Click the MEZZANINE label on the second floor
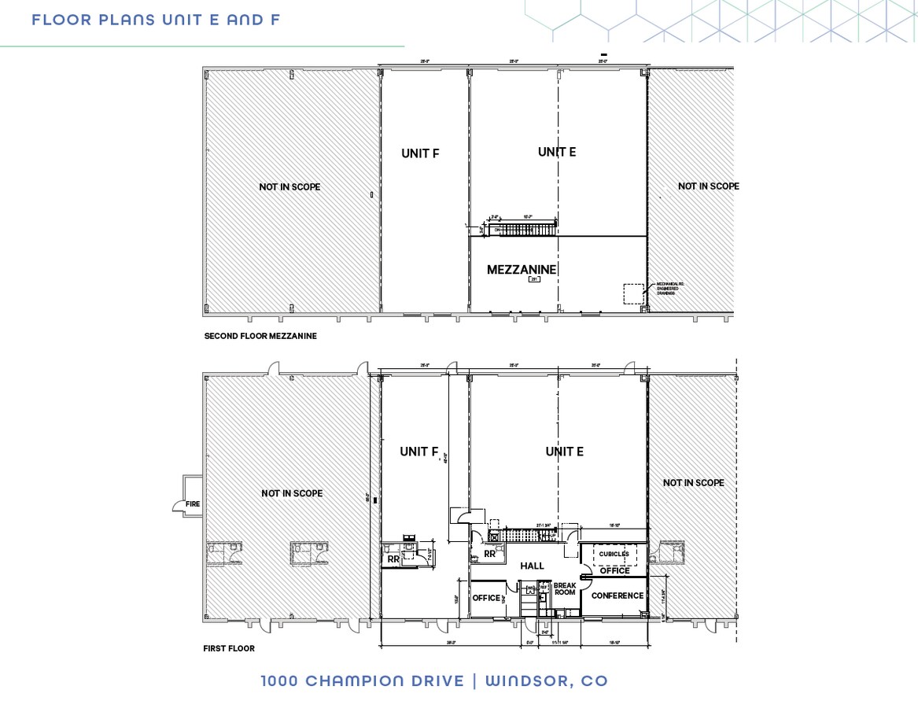[522, 270]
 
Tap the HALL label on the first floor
[533, 566]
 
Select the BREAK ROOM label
[565, 588]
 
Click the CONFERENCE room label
[617, 596]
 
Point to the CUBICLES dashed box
[614, 554]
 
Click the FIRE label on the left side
[192, 504]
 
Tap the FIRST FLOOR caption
[229, 649]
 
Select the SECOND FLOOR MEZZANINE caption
[260, 336]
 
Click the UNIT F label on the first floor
[418, 452]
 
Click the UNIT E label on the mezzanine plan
[556, 152]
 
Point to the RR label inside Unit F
[393, 559]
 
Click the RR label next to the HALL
[489, 554]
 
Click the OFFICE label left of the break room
[486, 598]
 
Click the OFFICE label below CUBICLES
[614, 571]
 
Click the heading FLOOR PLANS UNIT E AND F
[156, 20]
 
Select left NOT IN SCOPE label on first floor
[292, 493]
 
